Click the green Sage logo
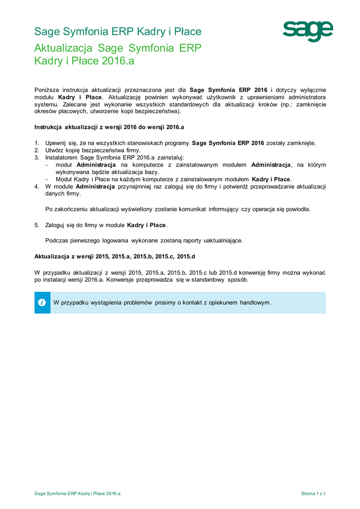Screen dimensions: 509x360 point(308,31)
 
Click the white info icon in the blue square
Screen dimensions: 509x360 point(42,303)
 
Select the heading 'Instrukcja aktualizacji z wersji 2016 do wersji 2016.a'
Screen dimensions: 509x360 point(109,127)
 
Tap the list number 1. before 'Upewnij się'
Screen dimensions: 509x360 point(37,143)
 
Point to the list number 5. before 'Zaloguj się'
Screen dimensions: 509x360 point(37,225)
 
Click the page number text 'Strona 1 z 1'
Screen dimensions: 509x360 point(313,494)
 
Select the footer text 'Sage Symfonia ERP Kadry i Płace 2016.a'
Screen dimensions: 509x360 point(78,494)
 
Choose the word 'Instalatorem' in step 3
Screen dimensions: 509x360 point(61,158)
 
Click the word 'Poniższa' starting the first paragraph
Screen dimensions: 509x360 point(46,90)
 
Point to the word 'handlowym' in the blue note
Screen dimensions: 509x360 point(255,303)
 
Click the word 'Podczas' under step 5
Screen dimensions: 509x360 point(56,241)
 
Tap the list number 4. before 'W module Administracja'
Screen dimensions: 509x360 point(37,186)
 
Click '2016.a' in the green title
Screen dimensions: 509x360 point(118,61)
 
